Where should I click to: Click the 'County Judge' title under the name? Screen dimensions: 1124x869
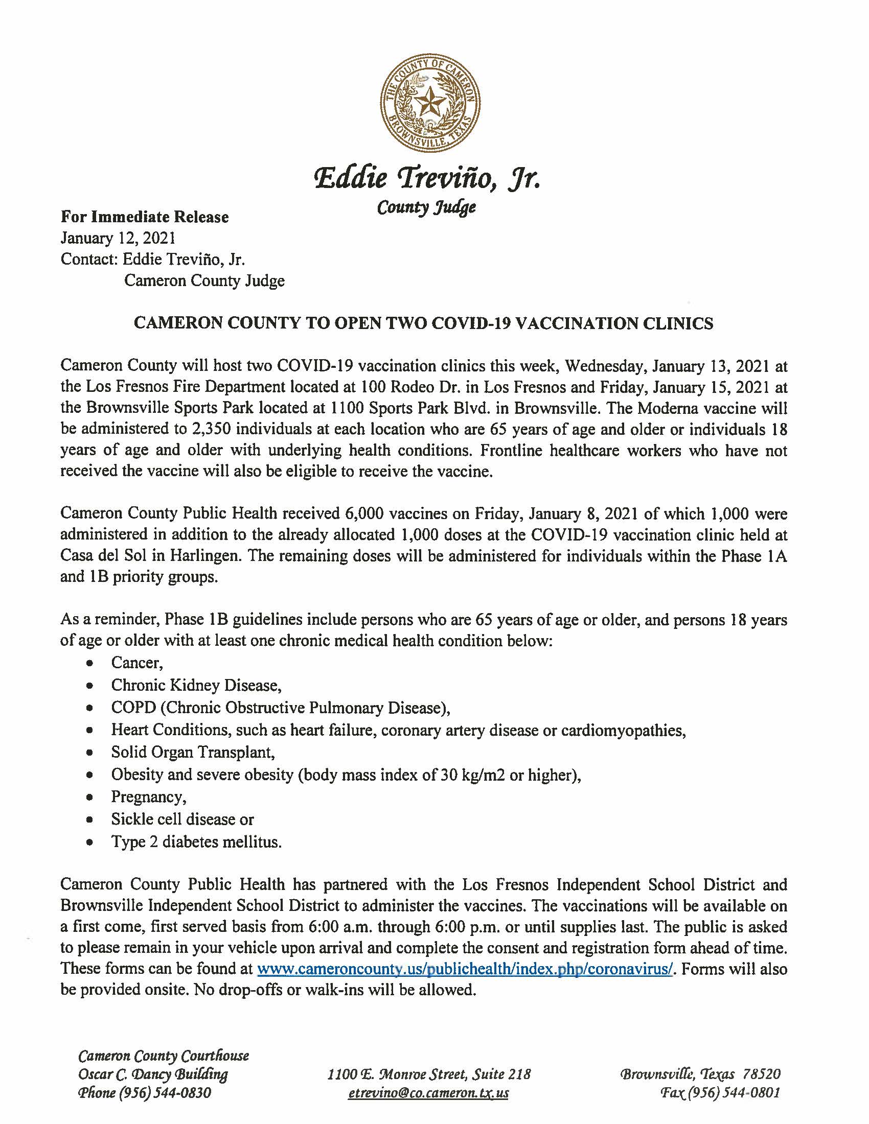(x=426, y=207)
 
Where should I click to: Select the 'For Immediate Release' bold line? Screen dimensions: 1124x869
(x=145, y=217)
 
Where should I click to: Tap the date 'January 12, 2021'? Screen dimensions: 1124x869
(x=119, y=238)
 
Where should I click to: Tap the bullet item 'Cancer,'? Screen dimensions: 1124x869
(x=137, y=663)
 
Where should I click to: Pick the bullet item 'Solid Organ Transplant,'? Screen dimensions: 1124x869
(x=193, y=753)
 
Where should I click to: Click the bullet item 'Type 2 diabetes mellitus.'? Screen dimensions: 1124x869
(x=196, y=842)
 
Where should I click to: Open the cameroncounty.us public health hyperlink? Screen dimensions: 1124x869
(x=465, y=969)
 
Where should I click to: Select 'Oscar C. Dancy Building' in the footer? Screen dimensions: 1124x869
(x=153, y=1074)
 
